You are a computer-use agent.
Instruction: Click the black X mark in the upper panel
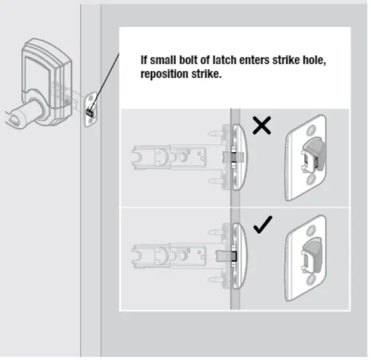[261, 126]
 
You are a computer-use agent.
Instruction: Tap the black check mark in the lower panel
[263, 226]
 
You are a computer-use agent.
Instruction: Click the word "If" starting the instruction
[145, 60]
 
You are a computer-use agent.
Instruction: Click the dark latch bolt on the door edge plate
[90, 113]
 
